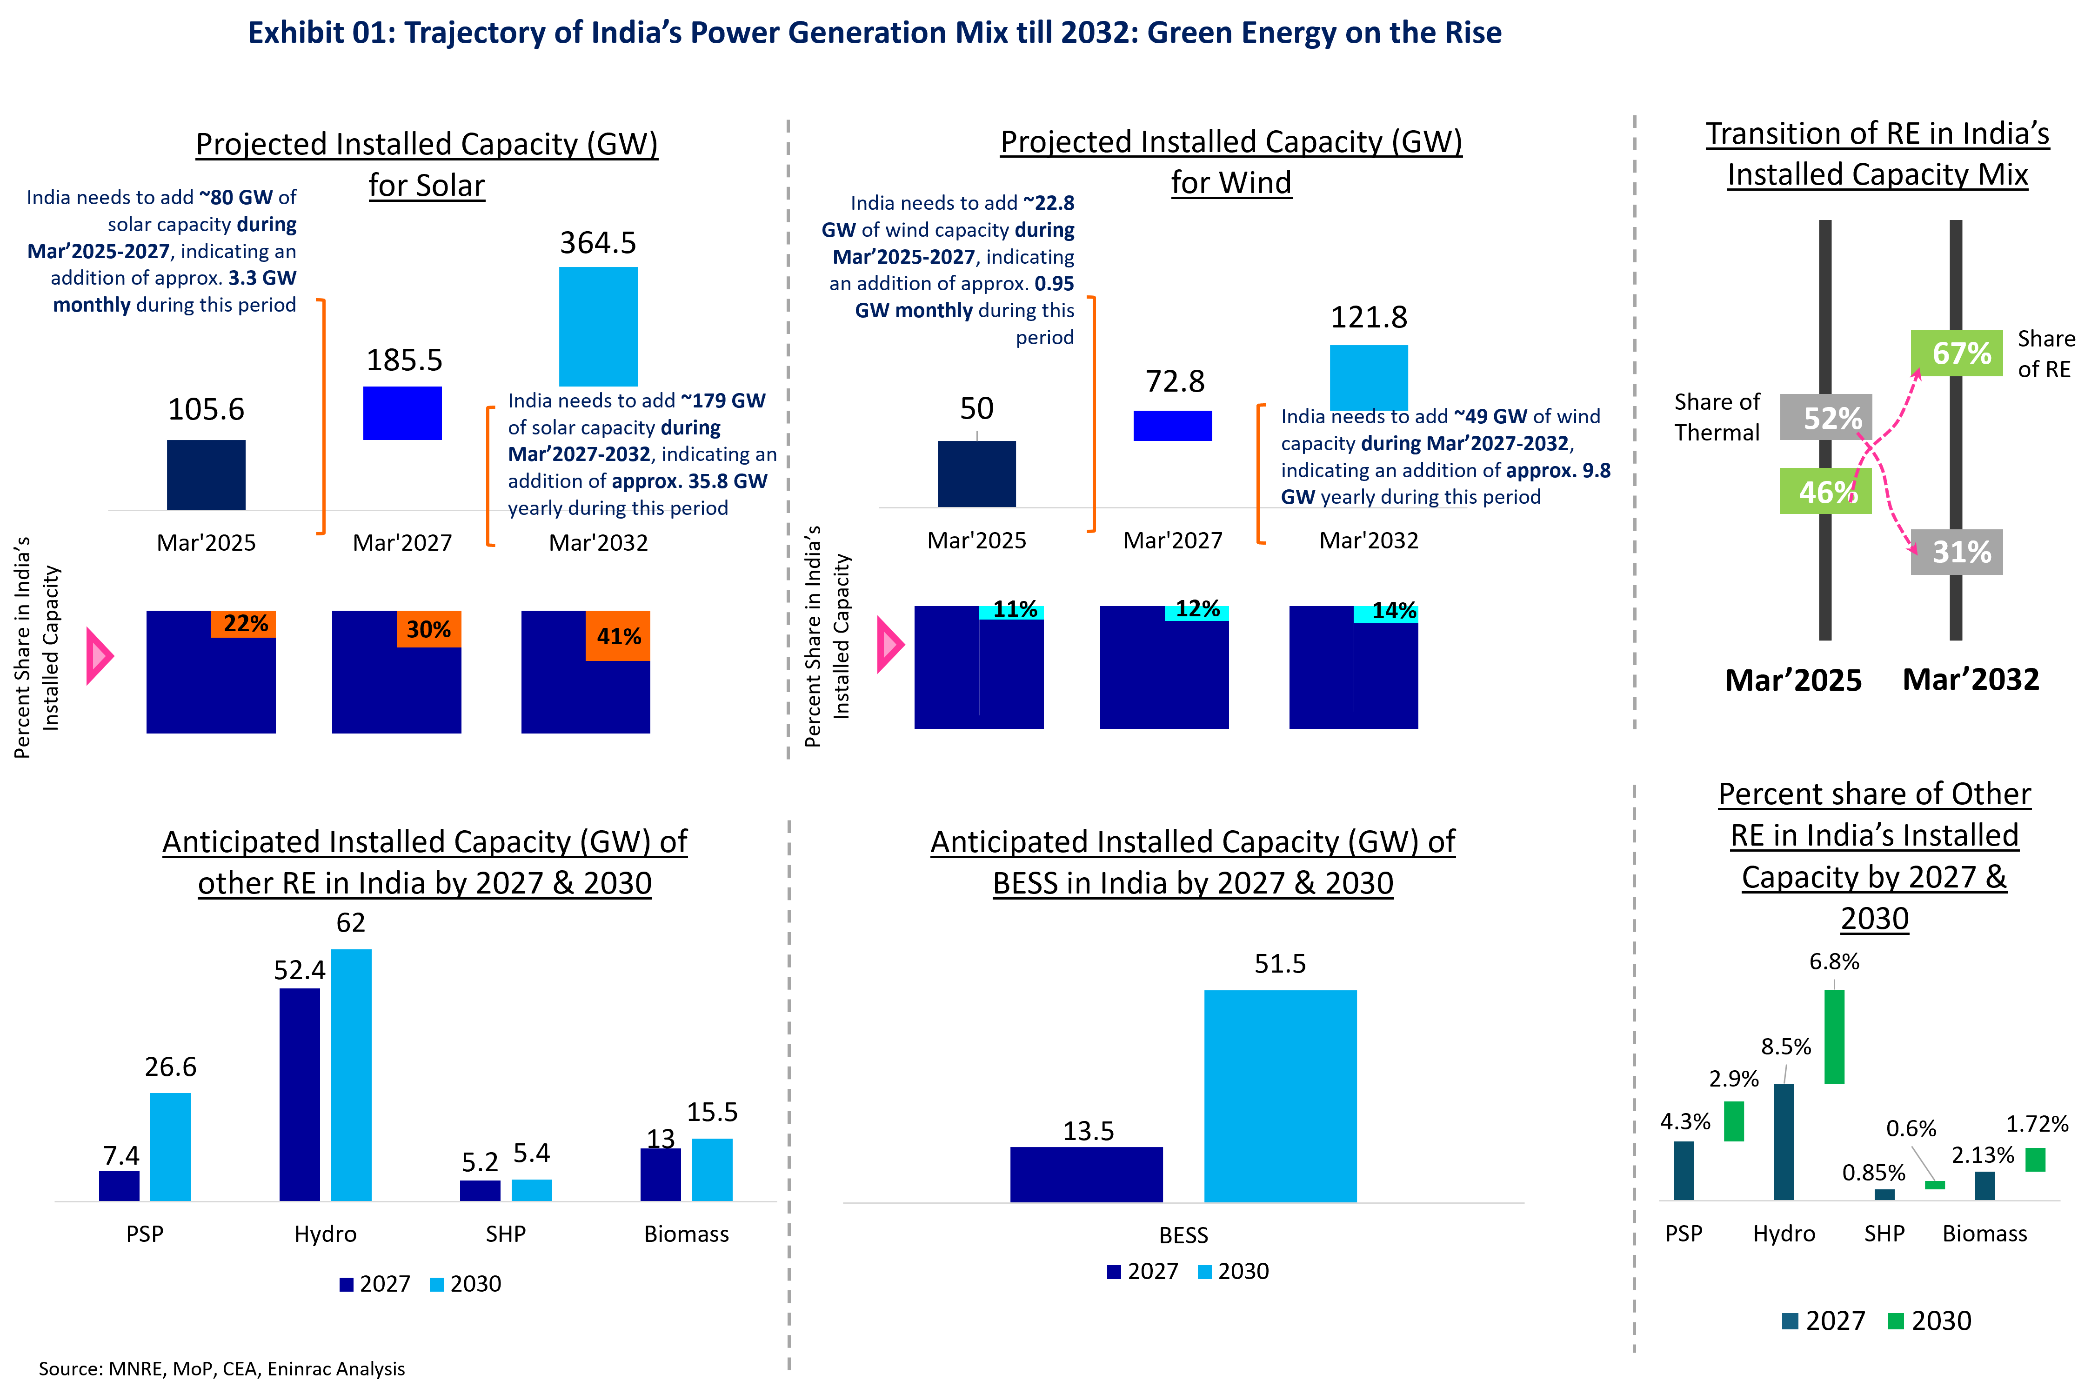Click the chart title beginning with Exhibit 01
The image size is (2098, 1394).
(x=874, y=33)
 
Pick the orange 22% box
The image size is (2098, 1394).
(x=244, y=624)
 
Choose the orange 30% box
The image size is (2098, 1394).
(x=428, y=629)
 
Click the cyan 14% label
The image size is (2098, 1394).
(x=1386, y=614)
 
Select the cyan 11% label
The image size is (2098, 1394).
(x=1012, y=612)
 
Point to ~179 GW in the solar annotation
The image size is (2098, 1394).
(x=722, y=401)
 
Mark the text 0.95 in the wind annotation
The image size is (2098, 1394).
(x=1054, y=284)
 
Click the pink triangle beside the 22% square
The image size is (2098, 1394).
(x=98, y=656)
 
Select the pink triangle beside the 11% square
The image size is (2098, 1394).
(x=889, y=645)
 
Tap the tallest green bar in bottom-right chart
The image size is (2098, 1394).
(x=1834, y=1037)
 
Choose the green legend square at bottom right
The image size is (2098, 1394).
(x=1895, y=1321)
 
